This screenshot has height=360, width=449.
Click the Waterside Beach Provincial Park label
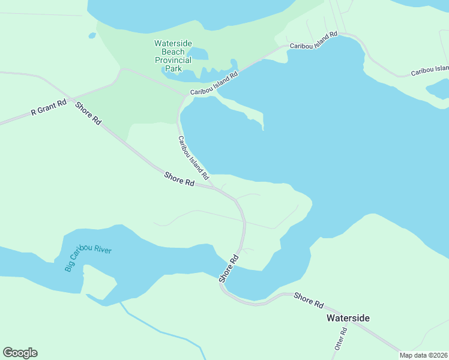tap(173, 56)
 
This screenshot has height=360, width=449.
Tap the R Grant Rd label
tap(49, 108)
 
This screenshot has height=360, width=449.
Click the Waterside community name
tap(348, 318)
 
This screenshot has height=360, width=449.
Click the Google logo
tap(20, 353)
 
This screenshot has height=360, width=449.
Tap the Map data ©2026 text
tap(423, 355)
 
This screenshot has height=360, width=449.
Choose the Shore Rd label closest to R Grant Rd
tap(88, 113)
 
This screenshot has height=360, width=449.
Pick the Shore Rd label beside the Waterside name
tap(309, 300)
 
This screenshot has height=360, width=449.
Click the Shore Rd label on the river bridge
tap(229, 269)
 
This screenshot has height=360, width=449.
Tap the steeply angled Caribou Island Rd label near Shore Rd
tap(193, 158)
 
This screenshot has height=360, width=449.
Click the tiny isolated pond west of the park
tap(91, 35)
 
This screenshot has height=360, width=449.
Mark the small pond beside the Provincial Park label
tap(198, 54)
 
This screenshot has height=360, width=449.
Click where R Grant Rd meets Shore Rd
tap(67, 97)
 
